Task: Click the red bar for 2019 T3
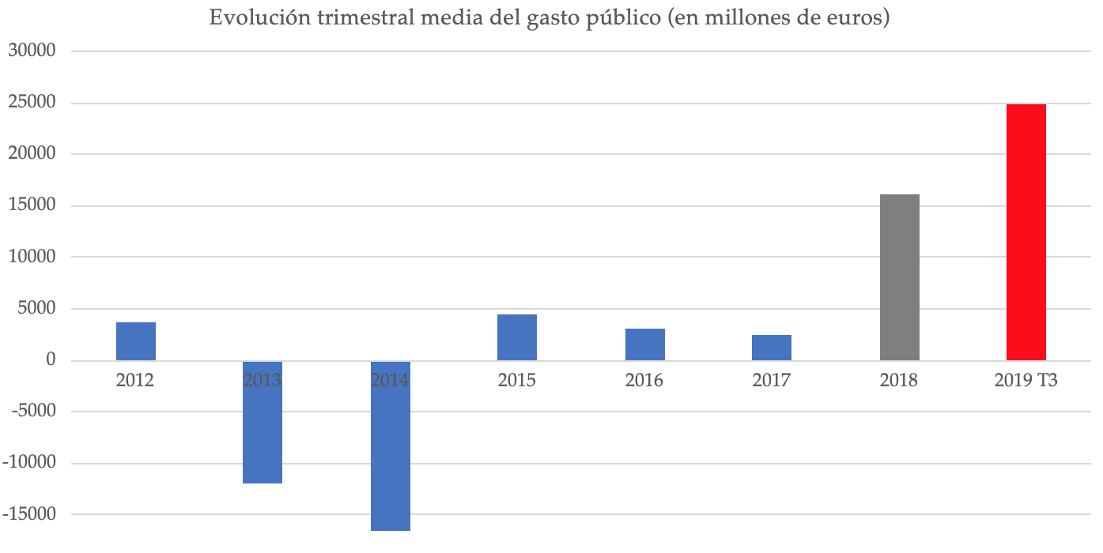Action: (1026, 232)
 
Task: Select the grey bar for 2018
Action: (899, 277)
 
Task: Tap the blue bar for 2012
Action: (136, 341)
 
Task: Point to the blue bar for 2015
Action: (517, 337)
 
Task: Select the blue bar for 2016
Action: (645, 344)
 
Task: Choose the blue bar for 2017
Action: (772, 348)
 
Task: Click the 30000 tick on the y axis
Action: (31, 51)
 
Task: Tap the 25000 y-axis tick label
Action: (31, 103)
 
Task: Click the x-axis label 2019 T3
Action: (1026, 381)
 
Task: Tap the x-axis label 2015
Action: (517, 381)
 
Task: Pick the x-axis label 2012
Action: (135, 381)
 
